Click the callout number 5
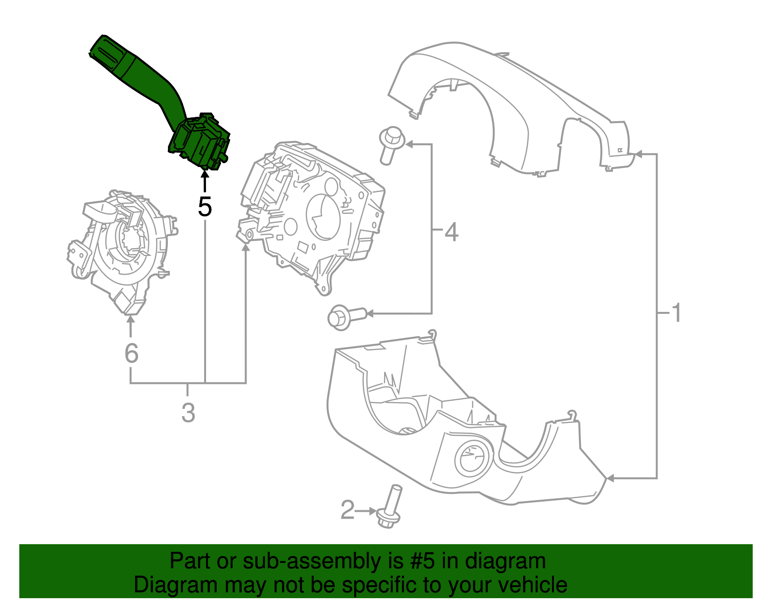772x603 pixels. click(205, 207)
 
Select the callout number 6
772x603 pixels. click(131, 353)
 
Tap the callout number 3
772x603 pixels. click(188, 413)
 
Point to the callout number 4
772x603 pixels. click(451, 232)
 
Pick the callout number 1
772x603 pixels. click(677, 313)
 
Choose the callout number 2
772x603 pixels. click(347, 510)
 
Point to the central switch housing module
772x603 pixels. click(314, 212)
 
